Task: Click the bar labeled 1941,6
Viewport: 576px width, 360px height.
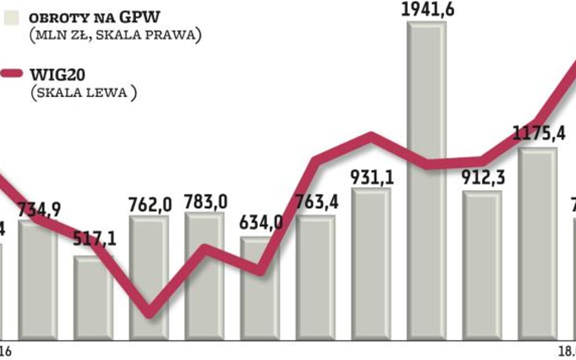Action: (426, 182)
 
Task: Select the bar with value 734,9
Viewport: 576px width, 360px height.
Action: (38, 279)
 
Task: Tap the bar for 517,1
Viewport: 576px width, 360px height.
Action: (93, 297)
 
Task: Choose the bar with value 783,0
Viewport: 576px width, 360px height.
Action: (204, 276)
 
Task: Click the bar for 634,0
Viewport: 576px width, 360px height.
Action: (259, 288)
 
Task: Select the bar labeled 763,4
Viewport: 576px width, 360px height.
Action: (315, 276)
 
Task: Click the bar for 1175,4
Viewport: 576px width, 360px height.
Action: (537, 243)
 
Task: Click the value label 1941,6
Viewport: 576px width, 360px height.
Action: (426, 10)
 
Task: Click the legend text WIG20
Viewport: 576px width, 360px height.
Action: (56, 75)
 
